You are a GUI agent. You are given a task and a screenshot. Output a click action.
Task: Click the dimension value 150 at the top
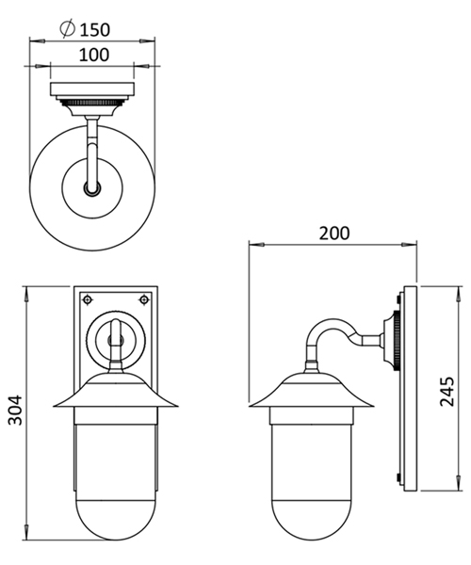pos(97,27)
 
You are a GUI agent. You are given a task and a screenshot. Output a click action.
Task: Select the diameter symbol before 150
pos(69,27)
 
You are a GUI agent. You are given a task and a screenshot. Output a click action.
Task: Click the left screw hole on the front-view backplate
pos(87,299)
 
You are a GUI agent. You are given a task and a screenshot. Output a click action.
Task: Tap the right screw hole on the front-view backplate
pos(144,299)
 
